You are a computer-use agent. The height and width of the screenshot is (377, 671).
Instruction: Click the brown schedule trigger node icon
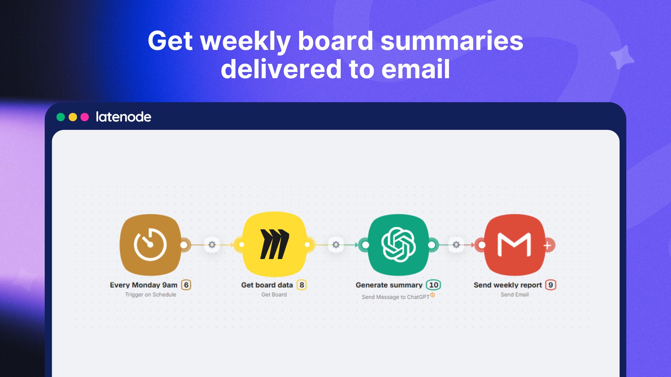tap(151, 245)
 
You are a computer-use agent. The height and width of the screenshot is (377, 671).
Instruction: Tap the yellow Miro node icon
tap(274, 244)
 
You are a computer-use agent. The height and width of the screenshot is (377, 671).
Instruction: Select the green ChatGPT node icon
tap(398, 245)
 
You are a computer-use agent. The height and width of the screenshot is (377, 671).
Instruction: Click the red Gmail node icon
tap(514, 245)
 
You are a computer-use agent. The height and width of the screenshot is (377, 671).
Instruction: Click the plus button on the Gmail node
tap(548, 245)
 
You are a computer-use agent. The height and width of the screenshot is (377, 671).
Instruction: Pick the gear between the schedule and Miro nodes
tap(212, 245)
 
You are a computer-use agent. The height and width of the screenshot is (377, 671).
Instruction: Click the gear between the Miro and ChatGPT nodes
tap(336, 245)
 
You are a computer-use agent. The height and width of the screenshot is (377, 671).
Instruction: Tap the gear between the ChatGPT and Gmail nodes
tap(456, 245)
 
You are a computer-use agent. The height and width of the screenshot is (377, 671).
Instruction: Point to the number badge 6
tap(186, 285)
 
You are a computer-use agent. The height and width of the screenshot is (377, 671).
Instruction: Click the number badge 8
tap(302, 285)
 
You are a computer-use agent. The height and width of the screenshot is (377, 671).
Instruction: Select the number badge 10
tap(433, 285)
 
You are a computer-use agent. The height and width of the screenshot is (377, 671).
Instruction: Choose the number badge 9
tap(550, 285)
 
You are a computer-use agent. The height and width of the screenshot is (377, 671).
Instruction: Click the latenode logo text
tap(123, 117)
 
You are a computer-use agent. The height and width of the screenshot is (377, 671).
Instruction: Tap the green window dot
tap(61, 117)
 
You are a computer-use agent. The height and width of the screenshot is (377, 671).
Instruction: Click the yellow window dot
tap(73, 117)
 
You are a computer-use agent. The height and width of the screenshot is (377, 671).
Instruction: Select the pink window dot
tap(85, 117)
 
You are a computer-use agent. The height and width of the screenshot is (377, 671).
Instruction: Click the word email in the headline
tap(416, 69)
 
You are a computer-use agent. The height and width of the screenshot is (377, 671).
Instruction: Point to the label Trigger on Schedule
tap(151, 295)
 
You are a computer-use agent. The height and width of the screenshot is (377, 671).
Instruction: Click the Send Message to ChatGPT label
tap(395, 297)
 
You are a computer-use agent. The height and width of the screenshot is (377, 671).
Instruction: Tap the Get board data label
tap(267, 285)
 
